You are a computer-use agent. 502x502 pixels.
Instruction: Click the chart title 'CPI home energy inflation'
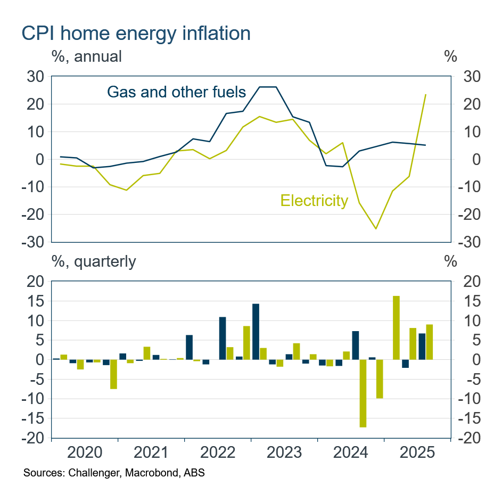[x=136, y=34]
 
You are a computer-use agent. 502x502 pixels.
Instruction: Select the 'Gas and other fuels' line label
[x=176, y=92]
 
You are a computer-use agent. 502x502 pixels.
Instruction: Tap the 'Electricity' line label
[x=314, y=201]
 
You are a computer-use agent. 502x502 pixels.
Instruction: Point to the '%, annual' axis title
[x=86, y=56]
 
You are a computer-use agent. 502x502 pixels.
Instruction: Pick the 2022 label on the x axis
[x=217, y=453]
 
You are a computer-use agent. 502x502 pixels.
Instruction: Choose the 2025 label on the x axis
[x=417, y=453]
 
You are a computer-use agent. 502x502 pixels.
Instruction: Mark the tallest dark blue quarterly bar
[x=256, y=332]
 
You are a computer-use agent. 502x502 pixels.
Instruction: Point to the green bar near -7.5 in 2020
[x=113, y=374]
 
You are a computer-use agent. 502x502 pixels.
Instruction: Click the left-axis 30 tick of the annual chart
[x=36, y=77]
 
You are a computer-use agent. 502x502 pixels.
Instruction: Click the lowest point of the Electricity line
[x=376, y=229]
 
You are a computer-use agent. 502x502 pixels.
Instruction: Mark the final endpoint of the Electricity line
[x=425, y=95]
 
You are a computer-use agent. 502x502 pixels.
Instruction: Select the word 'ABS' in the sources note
[x=195, y=473]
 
